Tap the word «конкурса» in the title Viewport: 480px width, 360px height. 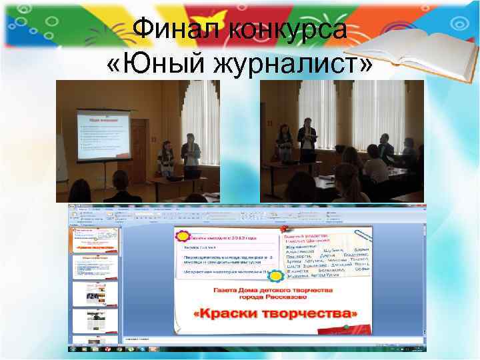287,29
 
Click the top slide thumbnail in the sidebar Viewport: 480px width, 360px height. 93,240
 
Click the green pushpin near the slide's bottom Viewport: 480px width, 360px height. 346,327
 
